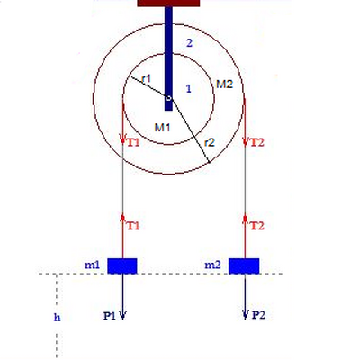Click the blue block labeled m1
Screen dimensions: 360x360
point(122,265)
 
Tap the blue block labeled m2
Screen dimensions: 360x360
point(244,265)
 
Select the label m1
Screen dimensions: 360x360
point(92,265)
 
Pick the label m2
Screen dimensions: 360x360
point(212,265)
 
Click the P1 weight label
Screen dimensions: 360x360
point(110,316)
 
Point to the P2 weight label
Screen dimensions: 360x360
point(258,315)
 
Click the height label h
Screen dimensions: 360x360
point(57,317)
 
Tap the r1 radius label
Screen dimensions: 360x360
point(147,79)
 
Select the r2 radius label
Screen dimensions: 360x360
point(210,142)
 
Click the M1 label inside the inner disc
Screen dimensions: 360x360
point(162,128)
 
